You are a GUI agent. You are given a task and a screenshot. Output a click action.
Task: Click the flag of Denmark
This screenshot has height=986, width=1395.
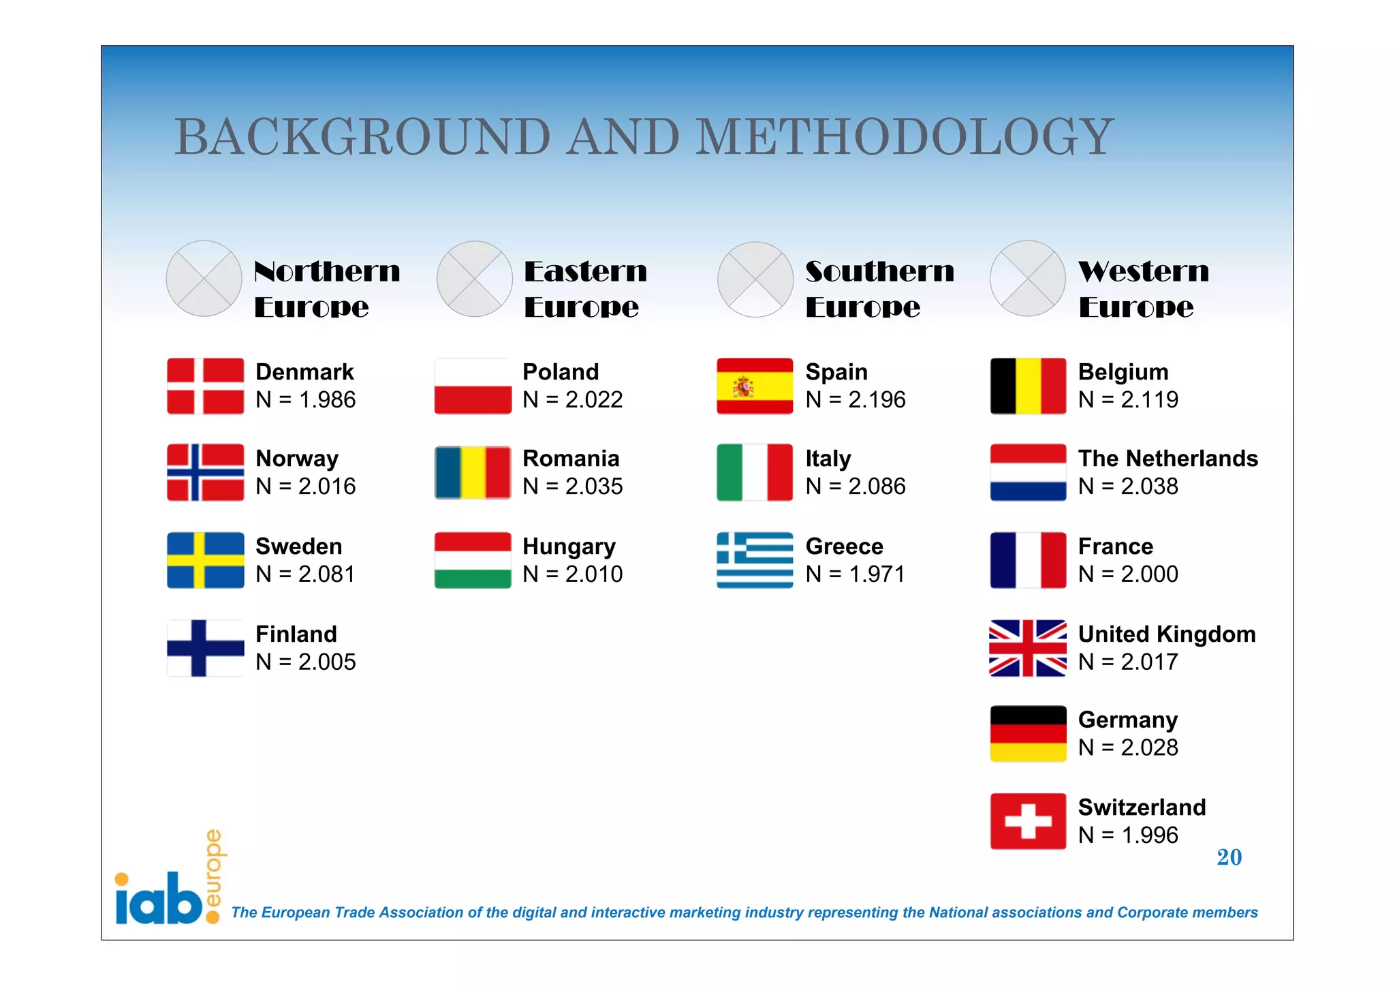[205, 386]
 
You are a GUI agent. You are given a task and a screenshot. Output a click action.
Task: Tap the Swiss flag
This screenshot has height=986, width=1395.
[1028, 821]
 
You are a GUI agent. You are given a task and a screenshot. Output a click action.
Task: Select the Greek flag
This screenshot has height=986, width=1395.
[755, 560]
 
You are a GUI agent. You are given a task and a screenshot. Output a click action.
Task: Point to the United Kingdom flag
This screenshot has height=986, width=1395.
[1028, 648]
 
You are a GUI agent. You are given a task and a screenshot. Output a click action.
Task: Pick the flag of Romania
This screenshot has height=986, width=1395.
[473, 472]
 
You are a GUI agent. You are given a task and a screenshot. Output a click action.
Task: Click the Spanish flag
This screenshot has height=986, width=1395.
[755, 386]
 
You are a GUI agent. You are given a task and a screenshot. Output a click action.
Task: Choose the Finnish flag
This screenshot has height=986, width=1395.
[205, 648]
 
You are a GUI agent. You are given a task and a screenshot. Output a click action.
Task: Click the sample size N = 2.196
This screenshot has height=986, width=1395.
[856, 400]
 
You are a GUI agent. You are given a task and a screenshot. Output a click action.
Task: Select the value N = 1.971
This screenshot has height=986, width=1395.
[856, 574]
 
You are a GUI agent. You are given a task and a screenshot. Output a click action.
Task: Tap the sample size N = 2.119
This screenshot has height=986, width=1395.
[1128, 400]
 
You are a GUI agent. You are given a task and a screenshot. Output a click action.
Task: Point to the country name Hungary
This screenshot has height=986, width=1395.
[569, 546]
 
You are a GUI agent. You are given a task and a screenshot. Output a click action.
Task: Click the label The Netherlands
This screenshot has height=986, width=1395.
[1167, 459]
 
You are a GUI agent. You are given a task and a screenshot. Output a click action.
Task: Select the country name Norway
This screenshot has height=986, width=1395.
[297, 459]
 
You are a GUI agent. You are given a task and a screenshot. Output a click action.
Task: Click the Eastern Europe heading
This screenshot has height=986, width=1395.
[585, 289]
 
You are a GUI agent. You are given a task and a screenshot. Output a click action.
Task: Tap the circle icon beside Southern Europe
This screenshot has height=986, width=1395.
[755, 279]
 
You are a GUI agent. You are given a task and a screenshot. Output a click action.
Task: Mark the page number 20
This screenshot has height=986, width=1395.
[1229, 857]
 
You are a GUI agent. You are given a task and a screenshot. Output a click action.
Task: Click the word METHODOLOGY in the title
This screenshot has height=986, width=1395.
[904, 137]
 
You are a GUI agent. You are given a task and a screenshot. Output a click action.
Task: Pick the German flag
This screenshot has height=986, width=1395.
[1028, 733]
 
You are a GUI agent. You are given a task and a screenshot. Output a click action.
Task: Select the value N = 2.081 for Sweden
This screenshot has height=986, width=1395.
[305, 574]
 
